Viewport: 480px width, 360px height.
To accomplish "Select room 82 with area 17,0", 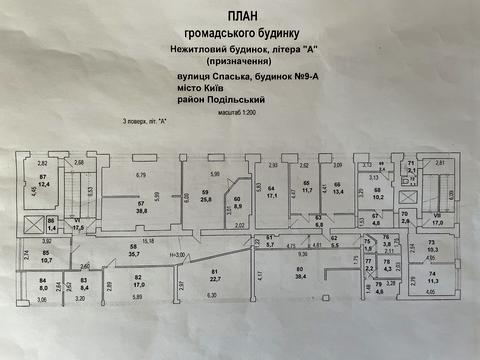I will coord(140,280).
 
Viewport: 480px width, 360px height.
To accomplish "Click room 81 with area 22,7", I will coord(215,276).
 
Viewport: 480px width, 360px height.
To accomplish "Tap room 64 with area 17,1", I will coord(270,192).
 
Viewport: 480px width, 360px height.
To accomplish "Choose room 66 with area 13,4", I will coord(338,186).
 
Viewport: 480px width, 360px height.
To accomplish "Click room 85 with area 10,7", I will coord(45,257).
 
